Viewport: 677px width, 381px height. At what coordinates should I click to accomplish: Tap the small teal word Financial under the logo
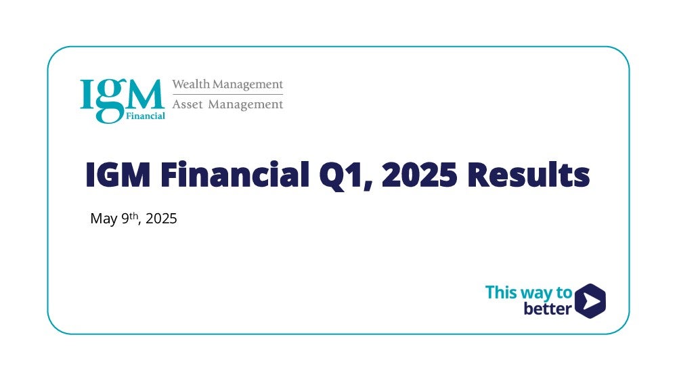click(146, 116)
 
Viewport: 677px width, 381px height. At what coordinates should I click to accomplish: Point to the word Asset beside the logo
click(188, 104)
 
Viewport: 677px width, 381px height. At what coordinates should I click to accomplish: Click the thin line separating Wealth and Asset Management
click(227, 94)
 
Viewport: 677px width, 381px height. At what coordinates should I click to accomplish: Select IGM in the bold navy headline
click(118, 175)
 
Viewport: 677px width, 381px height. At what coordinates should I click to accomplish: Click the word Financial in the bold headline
click(235, 174)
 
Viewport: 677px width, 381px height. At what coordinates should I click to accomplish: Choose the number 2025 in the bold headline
click(420, 175)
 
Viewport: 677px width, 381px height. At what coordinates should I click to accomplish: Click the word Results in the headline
click(529, 174)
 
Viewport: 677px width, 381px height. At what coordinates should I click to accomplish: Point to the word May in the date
click(104, 219)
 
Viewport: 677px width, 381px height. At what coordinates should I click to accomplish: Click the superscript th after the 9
click(134, 215)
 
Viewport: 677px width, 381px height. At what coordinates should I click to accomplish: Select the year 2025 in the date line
click(161, 219)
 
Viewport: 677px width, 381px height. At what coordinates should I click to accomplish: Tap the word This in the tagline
click(501, 292)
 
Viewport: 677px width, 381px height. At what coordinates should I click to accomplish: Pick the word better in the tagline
click(548, 309)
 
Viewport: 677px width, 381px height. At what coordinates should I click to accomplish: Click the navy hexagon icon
click(590, 300)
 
